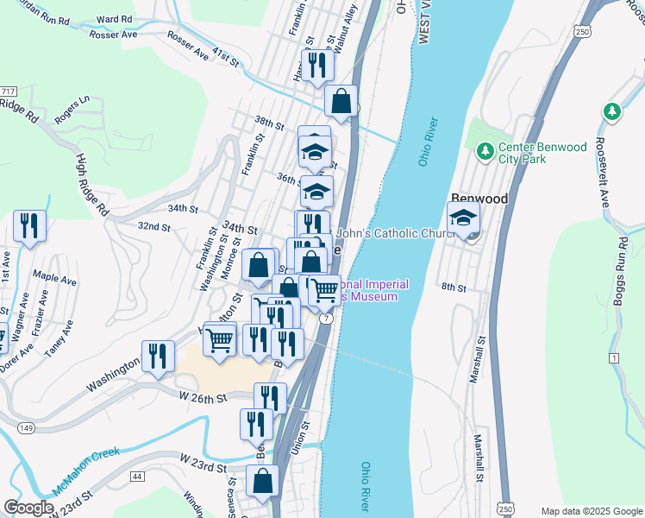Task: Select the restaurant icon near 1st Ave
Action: coord(30,227)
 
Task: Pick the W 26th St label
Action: coord(202,398)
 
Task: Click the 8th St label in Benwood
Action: coord(453,287)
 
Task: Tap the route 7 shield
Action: coord(326,319)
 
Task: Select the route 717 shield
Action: coord(9,92)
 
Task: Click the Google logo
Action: coord(28,508)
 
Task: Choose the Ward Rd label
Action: coord(115,19)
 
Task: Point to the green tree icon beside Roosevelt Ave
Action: coord(611,111)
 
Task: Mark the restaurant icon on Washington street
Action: coord(157,356)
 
